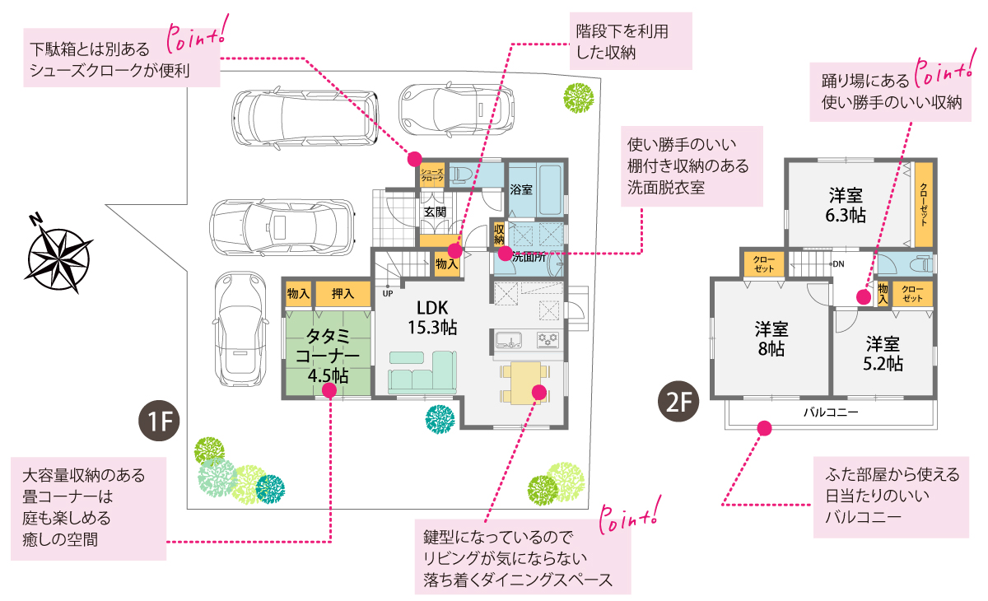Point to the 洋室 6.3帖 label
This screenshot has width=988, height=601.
[846, 205]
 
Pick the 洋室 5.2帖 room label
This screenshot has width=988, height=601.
[883, 353]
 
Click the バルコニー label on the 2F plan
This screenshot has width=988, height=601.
[831, 412]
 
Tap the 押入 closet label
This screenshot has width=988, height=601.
[343, 293]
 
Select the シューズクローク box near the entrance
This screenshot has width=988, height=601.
[432, 175]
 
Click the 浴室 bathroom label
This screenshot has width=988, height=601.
[520, 189]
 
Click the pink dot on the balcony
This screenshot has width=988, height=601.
[764, 428]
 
